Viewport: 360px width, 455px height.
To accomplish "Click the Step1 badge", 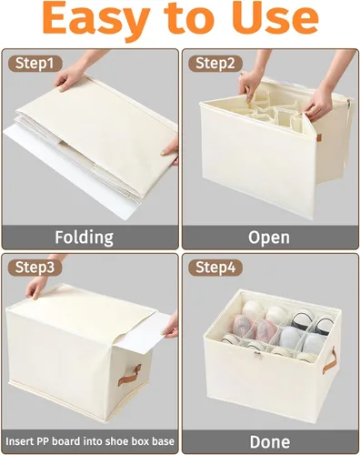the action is (x=35, y=64).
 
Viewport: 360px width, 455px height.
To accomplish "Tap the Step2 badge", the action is (x=215, y=64).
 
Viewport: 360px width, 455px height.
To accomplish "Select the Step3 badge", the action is (x=35, y=268).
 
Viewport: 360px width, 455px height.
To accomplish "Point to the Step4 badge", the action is (x=215, y=268).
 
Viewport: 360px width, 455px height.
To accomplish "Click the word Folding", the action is (x=85, y=238).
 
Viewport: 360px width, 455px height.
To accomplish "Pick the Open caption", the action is (x=269, y=238).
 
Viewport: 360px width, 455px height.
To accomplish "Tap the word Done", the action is (x=270, y=441).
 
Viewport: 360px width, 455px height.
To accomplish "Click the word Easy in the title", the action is (x=96, y=17).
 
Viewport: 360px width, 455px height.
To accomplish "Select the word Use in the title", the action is (x=276, y=17).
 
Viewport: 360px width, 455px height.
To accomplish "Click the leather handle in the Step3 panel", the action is (x=129, y=375).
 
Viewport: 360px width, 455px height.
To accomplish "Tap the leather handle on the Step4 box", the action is (x=330, y=361).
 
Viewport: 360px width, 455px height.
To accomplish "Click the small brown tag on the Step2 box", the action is (x=318, y=137).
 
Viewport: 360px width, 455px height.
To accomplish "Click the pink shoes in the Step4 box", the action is (x=255, y=327).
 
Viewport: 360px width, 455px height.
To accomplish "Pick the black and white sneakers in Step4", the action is (x=312, y=322).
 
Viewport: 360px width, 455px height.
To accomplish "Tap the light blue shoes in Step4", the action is (x=301, y=340).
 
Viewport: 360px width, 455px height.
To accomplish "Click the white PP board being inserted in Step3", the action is (x=144, y=334).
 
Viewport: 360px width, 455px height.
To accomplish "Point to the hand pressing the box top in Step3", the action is (x=36, y=287).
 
